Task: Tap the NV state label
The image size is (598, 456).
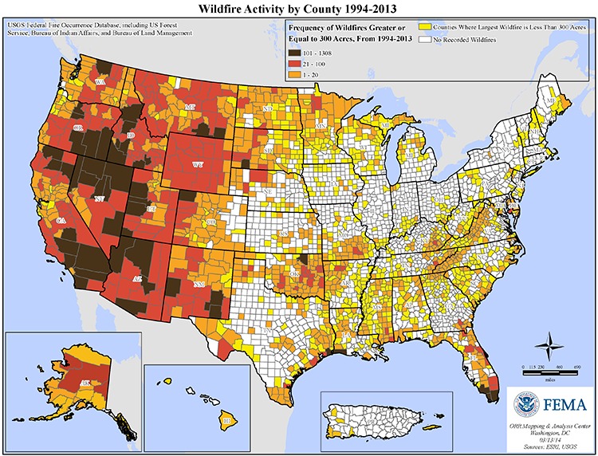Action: tap(99, 199)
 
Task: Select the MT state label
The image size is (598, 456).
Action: tap(190, 107)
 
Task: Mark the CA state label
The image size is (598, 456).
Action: tap(61, 220)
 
